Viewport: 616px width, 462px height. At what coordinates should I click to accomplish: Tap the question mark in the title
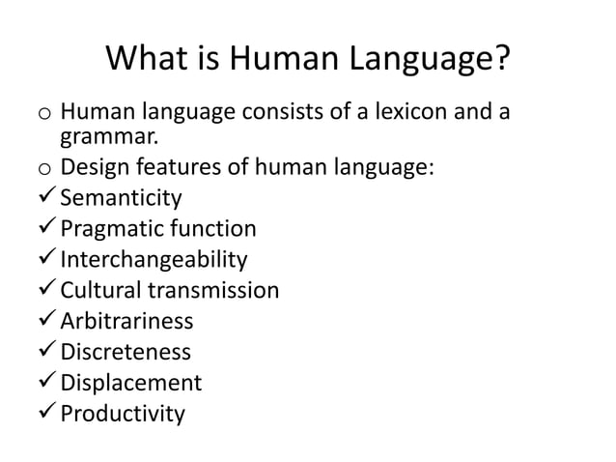point(499,61)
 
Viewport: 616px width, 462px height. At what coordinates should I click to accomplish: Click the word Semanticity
point(121,199)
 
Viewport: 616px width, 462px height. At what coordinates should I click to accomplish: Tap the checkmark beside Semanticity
point(45,199)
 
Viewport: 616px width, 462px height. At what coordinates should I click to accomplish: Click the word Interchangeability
point(154,260)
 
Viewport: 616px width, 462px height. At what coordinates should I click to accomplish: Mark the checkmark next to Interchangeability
point(45,260)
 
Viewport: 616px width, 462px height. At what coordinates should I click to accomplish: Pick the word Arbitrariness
point(126,321)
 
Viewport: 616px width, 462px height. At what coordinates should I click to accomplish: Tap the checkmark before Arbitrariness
point(45,321)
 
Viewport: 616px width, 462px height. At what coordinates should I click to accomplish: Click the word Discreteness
point(125,352)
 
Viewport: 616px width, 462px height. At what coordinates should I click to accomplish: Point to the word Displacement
point(130,383)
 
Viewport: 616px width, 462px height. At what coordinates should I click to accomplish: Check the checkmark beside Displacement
point(45,383)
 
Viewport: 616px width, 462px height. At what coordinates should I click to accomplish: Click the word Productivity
point(122,414)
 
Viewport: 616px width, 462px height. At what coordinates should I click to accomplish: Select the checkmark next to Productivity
point(45,414)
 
